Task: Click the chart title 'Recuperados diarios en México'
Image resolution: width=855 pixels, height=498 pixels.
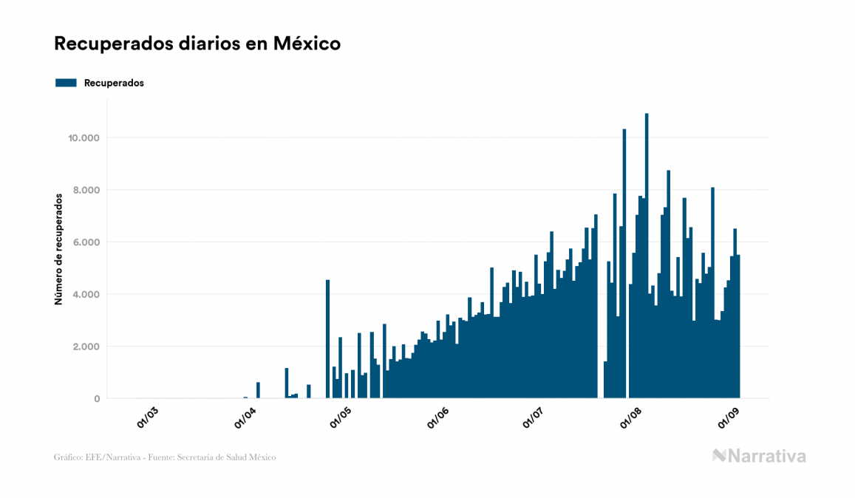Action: click(197, 44)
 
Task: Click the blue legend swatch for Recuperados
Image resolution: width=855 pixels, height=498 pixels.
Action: click(66, 83)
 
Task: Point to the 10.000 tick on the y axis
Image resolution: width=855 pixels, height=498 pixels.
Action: click(84, 138)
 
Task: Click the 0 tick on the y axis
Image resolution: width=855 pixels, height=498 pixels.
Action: click(96, 399)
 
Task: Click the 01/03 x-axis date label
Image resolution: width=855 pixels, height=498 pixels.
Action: click(148, 417)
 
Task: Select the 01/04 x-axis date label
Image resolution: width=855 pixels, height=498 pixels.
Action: click(245, 417)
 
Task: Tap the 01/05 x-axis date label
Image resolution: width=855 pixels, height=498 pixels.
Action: click(341, 417)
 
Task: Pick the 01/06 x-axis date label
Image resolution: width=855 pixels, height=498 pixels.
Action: click(437, 417)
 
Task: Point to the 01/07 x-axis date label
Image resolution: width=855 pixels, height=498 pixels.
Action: click(534, 417)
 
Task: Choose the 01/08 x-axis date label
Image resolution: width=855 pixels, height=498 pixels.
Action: click(630, 417)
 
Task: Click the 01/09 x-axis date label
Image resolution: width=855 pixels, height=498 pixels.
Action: click(728, 417)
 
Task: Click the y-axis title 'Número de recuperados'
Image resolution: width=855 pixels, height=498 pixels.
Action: click(58, 249)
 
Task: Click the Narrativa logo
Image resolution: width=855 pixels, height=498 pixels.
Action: click(759, 456)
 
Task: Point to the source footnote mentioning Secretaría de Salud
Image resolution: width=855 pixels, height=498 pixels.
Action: click(165, 457)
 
